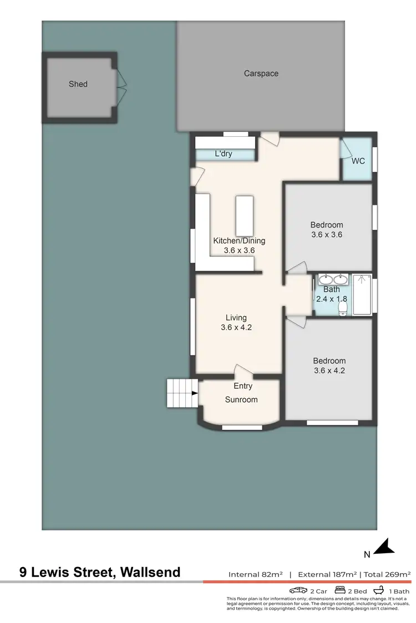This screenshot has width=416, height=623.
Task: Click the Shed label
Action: tap(78, 84)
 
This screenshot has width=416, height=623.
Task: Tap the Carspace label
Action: tap(261, 73)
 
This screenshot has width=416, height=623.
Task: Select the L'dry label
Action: tap(223, 154)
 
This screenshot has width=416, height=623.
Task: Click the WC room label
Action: tap(358, 161)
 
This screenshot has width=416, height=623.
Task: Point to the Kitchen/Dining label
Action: tap(239, 241)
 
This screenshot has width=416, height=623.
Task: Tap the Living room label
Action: tap(236, 318)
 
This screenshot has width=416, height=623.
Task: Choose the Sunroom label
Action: tap(241, 399)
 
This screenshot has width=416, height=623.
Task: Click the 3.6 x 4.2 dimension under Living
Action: tap(236, 327)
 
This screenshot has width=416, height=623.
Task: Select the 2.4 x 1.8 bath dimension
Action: tap(332, 298)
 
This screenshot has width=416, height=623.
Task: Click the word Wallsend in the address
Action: tap(149, 572)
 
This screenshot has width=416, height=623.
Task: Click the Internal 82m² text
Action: tap(255, 574)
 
